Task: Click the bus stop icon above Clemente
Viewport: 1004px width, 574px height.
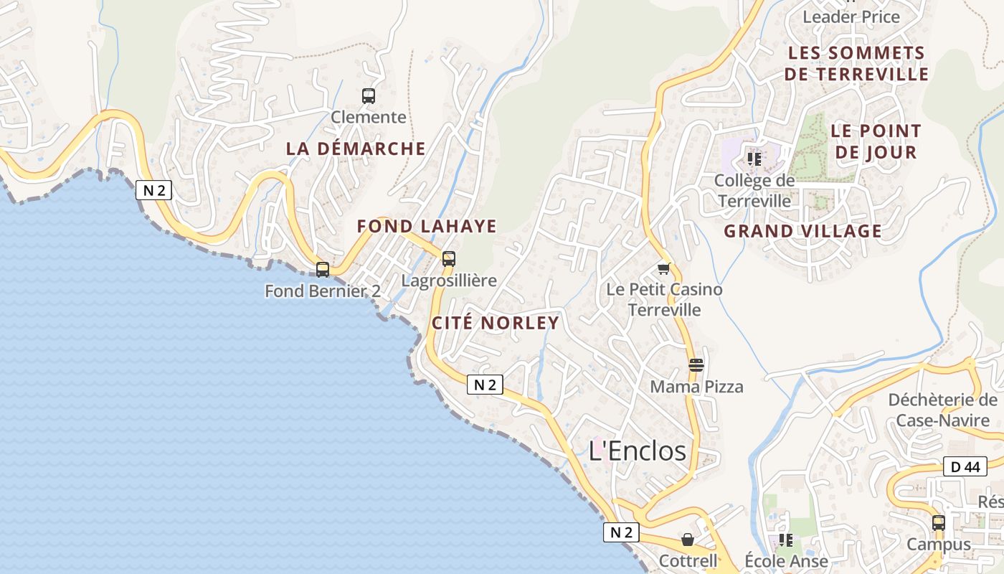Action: click(369, 95)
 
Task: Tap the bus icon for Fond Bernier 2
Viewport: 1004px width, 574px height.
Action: click(323, 270)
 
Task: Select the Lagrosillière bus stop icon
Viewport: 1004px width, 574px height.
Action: click(449, 258)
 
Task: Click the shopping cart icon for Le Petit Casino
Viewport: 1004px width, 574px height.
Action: click(663, 268)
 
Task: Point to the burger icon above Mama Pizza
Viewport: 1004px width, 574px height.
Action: click(696, 364)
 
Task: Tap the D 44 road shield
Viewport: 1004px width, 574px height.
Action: click(965, 466)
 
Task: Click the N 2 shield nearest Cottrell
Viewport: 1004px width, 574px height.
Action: click(620, 532)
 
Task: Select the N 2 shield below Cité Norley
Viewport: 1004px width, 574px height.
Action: click(486, 385)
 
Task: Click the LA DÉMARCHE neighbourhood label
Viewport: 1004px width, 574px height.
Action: click(356, 149)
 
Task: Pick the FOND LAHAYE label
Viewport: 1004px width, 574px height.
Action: click(427, 226)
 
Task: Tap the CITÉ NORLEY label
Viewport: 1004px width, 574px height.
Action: click(495, 323)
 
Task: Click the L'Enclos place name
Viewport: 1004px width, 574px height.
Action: click(637, 451)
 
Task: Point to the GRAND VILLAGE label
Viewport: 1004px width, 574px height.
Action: click(802, 231)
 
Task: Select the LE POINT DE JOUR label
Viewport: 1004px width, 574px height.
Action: click(876, 141)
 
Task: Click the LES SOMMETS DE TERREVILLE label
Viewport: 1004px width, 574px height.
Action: click(856, 63)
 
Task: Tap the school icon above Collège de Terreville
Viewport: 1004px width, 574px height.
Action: click(754, 159)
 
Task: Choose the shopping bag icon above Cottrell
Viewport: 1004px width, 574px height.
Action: click(688, 539)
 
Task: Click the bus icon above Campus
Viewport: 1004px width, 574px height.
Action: click(939, 522)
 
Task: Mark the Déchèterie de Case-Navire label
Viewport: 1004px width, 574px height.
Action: click(942, 410)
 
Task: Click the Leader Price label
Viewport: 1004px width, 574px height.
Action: click(851, 17)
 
